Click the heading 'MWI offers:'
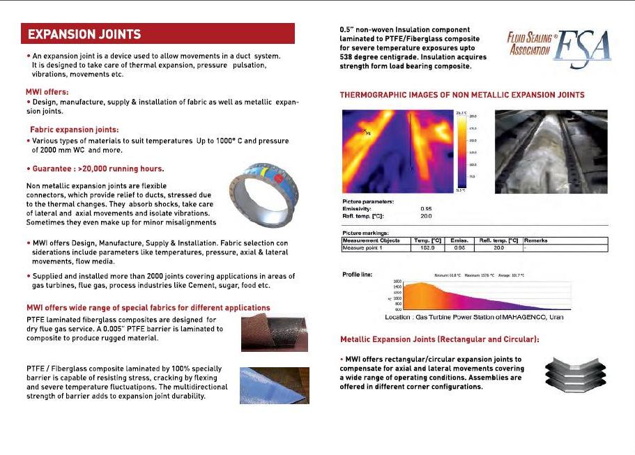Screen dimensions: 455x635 click(47, 91)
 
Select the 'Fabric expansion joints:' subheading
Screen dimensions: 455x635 click(75, 129)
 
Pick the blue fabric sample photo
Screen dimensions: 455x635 click(274, 385)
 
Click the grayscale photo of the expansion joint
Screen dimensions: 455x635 click(551, 151)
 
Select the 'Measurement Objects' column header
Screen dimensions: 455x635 click(372, 240)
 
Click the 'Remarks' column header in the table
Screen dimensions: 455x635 click(535, 240)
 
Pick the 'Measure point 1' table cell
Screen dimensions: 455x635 click(367, 247)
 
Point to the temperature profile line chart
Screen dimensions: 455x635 click(474, 296)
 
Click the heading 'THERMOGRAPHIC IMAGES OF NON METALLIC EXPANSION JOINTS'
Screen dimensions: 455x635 click(462, 94)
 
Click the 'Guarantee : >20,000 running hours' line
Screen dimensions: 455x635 click(95, 168)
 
